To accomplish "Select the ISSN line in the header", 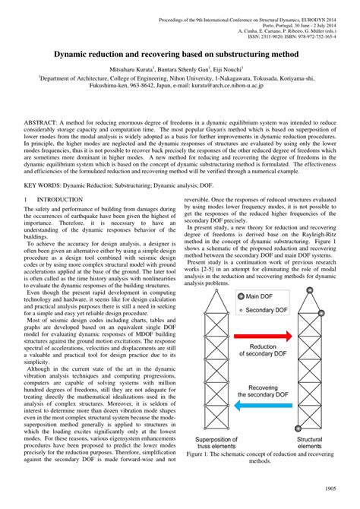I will (x=292, y=36).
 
